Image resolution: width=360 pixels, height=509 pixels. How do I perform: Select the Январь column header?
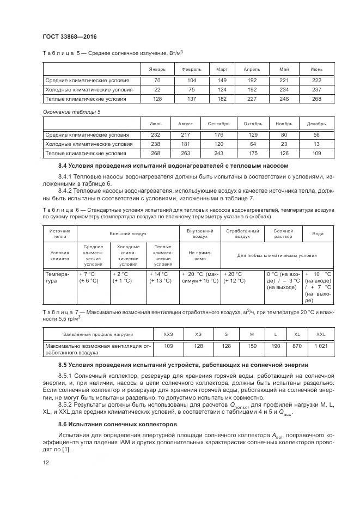[x=150, y=70]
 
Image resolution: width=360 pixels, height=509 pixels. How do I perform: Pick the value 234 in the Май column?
[x=284, y=90]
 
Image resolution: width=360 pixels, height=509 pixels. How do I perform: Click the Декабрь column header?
[x=316, y=124]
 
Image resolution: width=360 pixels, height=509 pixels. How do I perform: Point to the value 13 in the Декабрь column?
[x=316, y=144]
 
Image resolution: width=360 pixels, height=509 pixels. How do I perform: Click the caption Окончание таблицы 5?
[x=72, y=112]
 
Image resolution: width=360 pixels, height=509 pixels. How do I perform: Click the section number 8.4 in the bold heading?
[x=64, y=165]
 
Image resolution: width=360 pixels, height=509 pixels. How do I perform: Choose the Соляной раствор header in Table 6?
[x=283, y=234]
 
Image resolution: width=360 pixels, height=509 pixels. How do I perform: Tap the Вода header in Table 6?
[x=318, y=234]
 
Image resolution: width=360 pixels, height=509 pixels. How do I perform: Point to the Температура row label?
[x=57, y=278]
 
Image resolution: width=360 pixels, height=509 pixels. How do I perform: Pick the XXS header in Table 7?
[x=168, y=334]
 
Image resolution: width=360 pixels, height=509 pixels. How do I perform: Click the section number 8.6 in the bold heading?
[x=64, y=424]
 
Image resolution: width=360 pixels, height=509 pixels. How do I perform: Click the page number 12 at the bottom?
[x=46, y=462]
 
